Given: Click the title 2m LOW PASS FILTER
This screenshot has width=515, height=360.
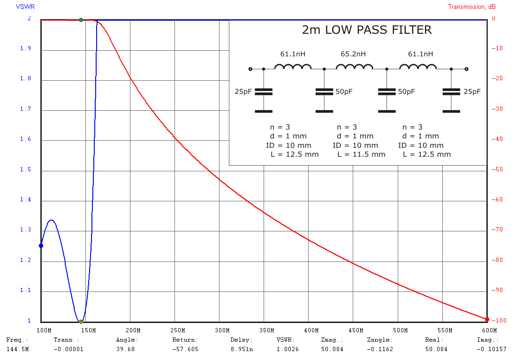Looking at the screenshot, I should click(x=366, y=30).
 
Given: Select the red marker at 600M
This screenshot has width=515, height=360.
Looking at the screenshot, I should click(x=487, y=320).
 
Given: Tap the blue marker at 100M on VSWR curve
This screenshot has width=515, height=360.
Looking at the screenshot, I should click(x=41, y=245).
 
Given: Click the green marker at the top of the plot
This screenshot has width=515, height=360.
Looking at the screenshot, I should click(x=81, y=20).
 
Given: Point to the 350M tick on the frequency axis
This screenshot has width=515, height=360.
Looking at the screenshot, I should click(x=264, y=330).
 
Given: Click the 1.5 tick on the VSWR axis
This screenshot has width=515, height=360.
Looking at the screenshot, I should click(x=25, y=169).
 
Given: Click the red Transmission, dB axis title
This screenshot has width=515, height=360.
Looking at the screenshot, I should click(x=471, y=7).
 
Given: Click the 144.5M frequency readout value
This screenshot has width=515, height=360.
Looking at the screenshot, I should click(x=17, y=349).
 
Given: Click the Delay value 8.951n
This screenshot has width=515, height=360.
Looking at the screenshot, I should click(x=241, y=349).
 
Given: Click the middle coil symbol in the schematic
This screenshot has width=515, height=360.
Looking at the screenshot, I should click(x=355, y=67).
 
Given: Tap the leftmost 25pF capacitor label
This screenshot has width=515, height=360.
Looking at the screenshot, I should click(x=243, y=92).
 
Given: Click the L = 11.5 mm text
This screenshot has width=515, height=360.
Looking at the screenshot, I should click(x=361, y=154).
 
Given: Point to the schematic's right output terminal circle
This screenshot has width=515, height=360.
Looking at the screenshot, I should click(x=466, y=69).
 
